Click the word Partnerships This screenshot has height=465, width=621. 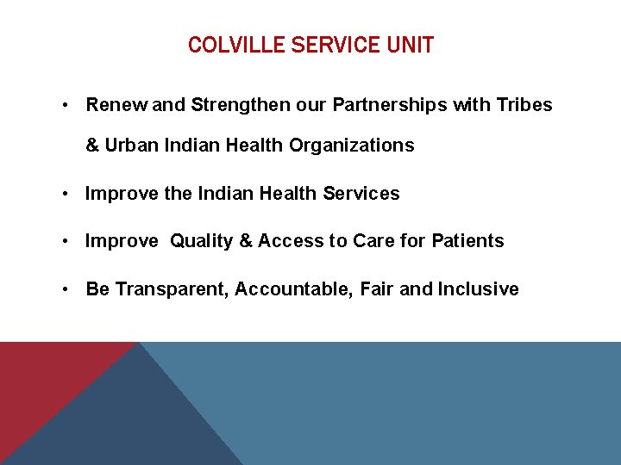tap(376, 105)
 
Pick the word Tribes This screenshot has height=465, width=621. tap(524, 105)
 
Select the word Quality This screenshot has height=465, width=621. tap(201, 241)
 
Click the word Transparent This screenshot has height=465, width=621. tap(172, 289)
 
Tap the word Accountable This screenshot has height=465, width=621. tap(292, 289)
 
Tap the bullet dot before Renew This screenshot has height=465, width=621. tap(66, 106)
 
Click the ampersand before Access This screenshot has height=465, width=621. tap(245, 241)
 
